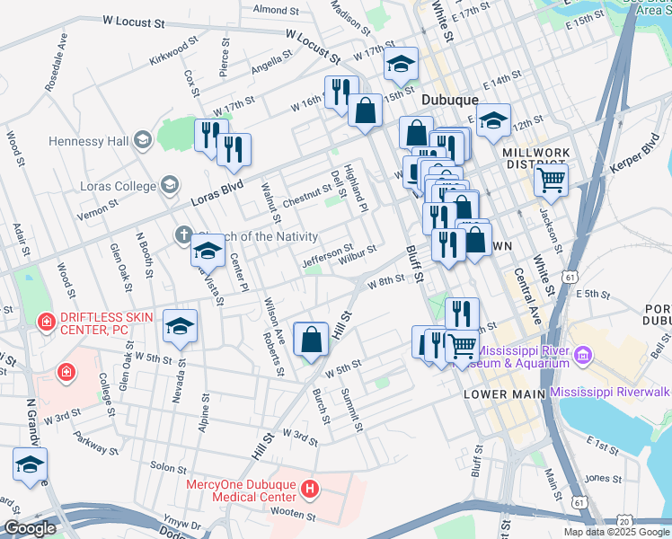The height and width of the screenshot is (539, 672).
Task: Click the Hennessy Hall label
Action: pyautogui.click(x=89, y=141)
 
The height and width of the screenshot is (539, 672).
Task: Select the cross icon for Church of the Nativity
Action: pyautogui.click(x=183, y=236)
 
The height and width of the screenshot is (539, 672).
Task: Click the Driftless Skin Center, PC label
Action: pyautogui.click(x=107, y=324)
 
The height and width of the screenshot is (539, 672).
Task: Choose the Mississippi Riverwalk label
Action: pyautogui.click(x=610, y=393)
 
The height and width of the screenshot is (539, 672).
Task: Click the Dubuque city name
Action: pyautogui.click(x=445, y=101)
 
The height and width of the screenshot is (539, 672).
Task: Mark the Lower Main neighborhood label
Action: pyautogui.click(x=498, y=394)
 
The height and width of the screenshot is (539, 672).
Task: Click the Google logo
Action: pyautogui.click(x=30, y=528)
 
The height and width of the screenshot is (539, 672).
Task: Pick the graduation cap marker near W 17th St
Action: pyautogui.click(x=400, y=64)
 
